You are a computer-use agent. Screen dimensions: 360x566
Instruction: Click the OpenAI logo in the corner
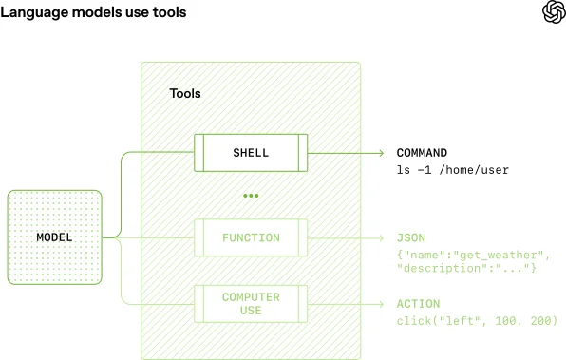tap(553, 12)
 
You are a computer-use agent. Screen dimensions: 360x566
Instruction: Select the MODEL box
tap(54, 237)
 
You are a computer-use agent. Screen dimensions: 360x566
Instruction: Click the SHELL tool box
tap(251, 153)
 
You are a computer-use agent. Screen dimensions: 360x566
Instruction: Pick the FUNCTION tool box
tap(251, 237)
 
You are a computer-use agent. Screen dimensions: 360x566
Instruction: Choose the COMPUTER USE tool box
tap(251, 304)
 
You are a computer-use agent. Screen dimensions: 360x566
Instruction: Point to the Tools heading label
tap(185, 94)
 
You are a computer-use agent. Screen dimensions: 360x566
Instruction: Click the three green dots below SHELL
tap(251, 196)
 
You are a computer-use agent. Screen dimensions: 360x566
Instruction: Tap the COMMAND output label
tap(422, 153)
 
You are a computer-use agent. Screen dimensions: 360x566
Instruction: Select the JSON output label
tap(412, 237)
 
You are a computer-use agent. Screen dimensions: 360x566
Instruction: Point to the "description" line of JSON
tap(465, 270)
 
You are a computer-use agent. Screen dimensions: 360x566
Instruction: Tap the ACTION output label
tap(418, 304)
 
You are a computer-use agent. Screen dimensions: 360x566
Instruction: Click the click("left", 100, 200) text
tap(477, 322)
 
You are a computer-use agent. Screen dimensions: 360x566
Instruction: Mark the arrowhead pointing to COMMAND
tap(380, 153)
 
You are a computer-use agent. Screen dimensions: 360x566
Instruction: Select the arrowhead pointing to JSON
tap(380, 237)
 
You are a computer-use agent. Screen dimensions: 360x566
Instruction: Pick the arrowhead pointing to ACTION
tap(380, 304)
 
